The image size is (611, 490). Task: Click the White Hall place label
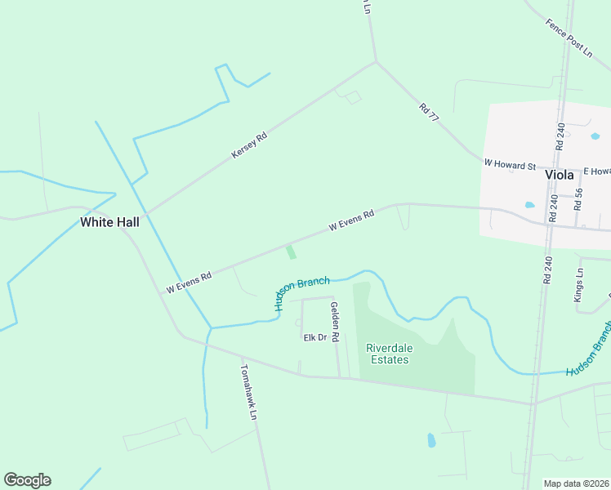(x=109, y=222)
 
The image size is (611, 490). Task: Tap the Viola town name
(x=560, y=175)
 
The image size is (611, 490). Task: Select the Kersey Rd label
(x=249, y=145)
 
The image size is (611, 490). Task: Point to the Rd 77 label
(x=429, y=113)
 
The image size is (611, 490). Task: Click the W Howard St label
(x=509, y=165)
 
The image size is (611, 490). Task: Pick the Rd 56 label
(x=578, y=200)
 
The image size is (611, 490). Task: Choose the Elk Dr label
(x=314, y=337)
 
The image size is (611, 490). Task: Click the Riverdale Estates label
(x=390, y=354)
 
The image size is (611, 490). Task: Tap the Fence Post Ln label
(x=569, y=38)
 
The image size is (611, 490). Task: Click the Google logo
(x=27, y=480)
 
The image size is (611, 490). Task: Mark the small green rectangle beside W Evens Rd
(x=291, y=252)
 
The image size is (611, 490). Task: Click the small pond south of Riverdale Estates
(x=431, y=441)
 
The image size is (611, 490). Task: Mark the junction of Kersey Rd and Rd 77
(x=376, y=62)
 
